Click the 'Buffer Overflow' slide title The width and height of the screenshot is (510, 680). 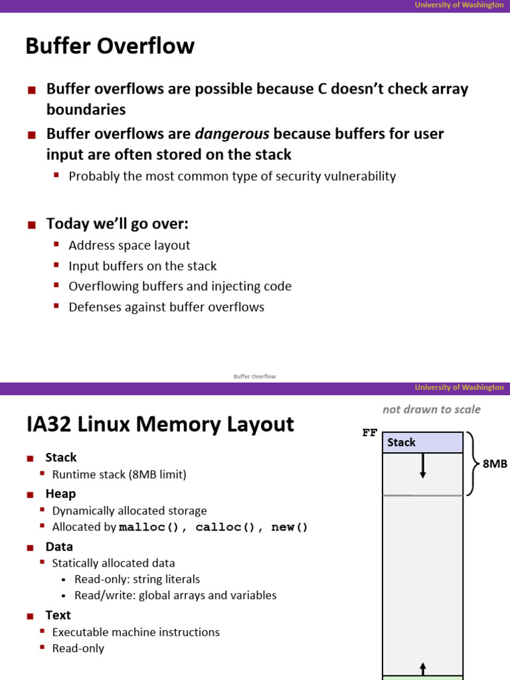pyautogui.click(x=110, y=46)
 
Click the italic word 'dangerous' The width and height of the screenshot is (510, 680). pyautogui.click(x=232, y=134)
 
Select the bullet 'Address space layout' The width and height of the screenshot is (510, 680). pyautogui.click(x=129, y=246)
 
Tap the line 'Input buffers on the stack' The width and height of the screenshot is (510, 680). pyautogui.click(x=142, y=266)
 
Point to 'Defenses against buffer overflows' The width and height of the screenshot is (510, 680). pyautogui.click(x=166, y=307)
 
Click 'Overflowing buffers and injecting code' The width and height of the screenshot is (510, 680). pyautogui.click(x=180, y=287)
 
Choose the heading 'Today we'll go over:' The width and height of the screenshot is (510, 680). pyautogui.click(x=117, y=224)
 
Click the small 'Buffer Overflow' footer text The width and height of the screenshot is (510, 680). pyautogui.click(x=254, y=377)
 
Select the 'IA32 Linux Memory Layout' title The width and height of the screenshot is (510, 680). pyautogui.click(x=159, y=424)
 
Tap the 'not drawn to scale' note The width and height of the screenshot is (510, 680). pyautogui.click(x=431, y=410)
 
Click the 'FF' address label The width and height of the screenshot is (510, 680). pyautogui.click(x=369, y=433)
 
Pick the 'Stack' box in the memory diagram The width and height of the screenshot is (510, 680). pyautogui.click(x=422, y=442)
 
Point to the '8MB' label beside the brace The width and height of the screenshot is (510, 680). pyautogui.click(x=495, y=464)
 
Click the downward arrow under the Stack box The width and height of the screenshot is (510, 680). pyautogui.click(x=422, y=466)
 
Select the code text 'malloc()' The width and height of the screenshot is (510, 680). pyautogui.click(x=149, y=528)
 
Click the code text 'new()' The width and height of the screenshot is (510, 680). pyautogui.click(x=290, y=528)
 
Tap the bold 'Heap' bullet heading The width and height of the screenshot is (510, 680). pyautogui.click(x=60, y=494)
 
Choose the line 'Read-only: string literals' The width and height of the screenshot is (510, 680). pyautogui.click(x=137, y=580)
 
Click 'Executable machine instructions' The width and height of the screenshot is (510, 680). pyautogui.click(x=135, y=632)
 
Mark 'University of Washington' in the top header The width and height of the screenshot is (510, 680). pyautogui.click(x=459, y=5)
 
